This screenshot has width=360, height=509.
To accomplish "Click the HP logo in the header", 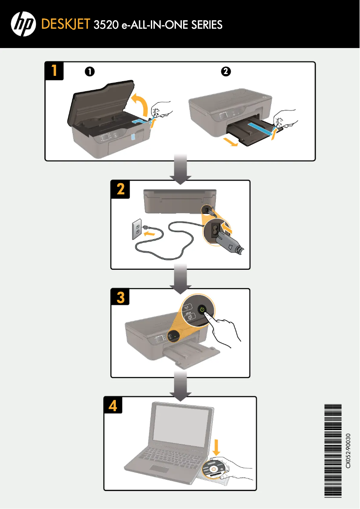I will pyautogui.click(x=23, y=24).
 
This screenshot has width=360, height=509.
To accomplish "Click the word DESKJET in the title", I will pyautogui.click(x=66, y=24).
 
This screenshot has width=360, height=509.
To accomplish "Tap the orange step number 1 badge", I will pyautogui.click(x=54, y=71).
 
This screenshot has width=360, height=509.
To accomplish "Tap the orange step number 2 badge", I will pyautogui.click(x=120, y=189).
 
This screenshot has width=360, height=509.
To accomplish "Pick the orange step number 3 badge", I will pyautogui.click(x=120, y=298).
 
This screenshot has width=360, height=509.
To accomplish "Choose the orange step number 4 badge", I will pyautogui.click(x=113, y=406).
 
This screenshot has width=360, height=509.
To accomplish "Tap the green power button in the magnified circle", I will pyautogui.click(x=202, y=309).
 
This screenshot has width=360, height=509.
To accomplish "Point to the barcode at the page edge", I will pyautogui.click(x=333, y=451).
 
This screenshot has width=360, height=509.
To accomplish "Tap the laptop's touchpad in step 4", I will pyautogui.click(x=158, y=470).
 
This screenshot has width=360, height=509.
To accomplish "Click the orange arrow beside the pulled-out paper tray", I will pyautogui.click(x=229, y=142).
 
